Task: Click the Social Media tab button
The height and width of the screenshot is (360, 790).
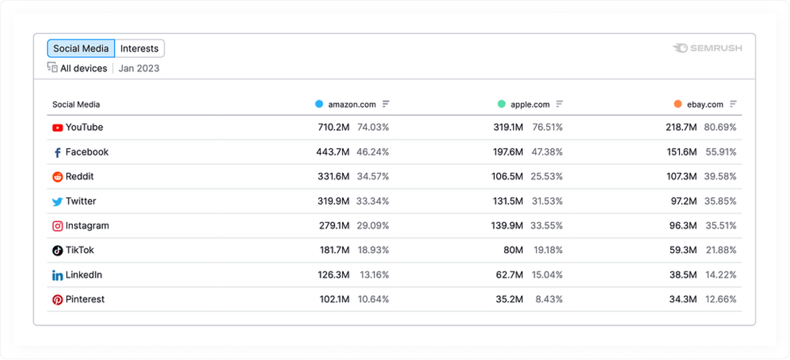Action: [81, 49]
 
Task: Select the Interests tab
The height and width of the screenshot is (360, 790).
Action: [139, 49]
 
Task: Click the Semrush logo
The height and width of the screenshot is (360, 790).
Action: [707, 48]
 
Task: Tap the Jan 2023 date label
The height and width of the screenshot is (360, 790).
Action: [139, 69]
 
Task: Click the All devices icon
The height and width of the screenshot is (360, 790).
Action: [52, 68]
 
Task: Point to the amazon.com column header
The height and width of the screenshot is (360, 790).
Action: [352, 104]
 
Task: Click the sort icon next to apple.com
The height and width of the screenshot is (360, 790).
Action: [560, 104]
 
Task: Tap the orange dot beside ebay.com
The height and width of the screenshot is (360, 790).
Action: [678, 104]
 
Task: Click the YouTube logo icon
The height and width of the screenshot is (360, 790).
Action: [57, 128]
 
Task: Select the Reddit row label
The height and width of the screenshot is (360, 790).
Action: [80, 177]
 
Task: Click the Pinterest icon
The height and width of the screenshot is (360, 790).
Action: [57, 299]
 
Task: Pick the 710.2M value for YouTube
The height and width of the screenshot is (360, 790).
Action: [334, 127]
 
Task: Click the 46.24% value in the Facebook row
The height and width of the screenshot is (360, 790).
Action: [373, 152]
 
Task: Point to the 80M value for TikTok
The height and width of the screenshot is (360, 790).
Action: [513, 250]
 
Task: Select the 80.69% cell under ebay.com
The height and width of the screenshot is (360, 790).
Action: [720, 127]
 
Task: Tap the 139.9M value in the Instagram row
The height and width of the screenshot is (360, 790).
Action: [507, 225]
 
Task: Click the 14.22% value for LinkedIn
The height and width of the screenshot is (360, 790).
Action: [720, 275]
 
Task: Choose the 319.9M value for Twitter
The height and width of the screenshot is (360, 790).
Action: [334, 201]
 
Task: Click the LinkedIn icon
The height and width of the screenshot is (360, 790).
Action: [57, 275]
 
